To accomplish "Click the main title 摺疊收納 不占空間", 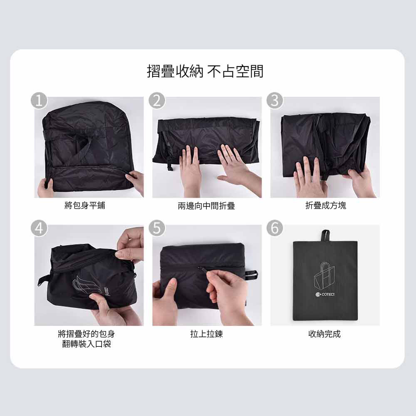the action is [205, 71].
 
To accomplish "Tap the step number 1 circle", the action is [39, 101].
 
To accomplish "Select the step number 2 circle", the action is [157, 101].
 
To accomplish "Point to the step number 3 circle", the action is [275, 101].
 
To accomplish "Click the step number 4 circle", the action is [39, 228].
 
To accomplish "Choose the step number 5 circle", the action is [157, 228].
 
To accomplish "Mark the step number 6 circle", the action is [275, 228].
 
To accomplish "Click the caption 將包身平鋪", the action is [85, 206].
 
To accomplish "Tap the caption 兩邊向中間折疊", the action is [206, 206].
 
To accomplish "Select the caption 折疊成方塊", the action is [326, 206].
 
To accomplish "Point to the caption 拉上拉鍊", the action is [206, 334].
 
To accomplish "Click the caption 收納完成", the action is [324, 334].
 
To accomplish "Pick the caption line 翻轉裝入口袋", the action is [87, 344].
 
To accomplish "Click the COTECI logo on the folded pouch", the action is [325, 294].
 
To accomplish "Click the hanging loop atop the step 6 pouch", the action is [325, 236].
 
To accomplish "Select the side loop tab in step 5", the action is [251, 275].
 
